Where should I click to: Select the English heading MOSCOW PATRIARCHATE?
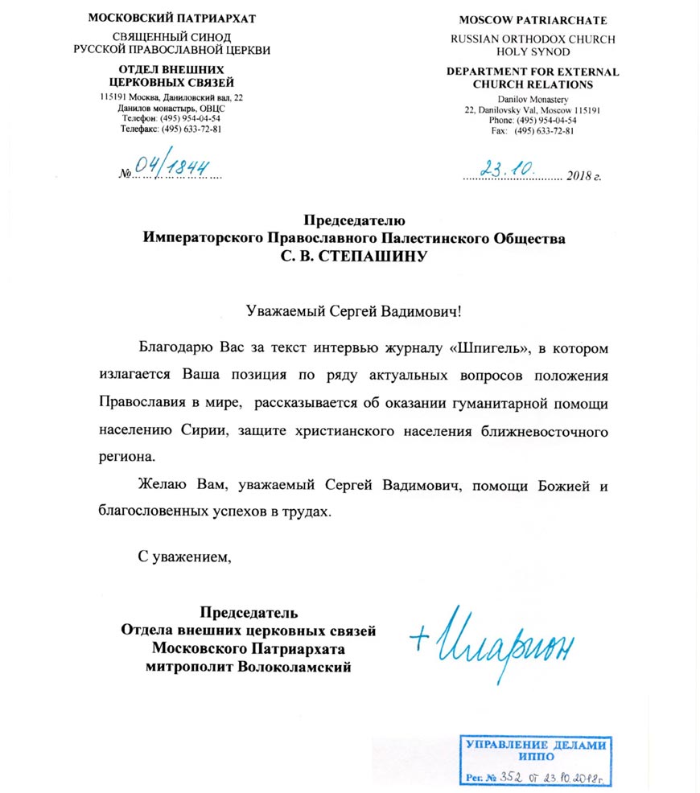[x=533, y=20]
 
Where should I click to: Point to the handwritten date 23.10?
[x=504, y=168]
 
